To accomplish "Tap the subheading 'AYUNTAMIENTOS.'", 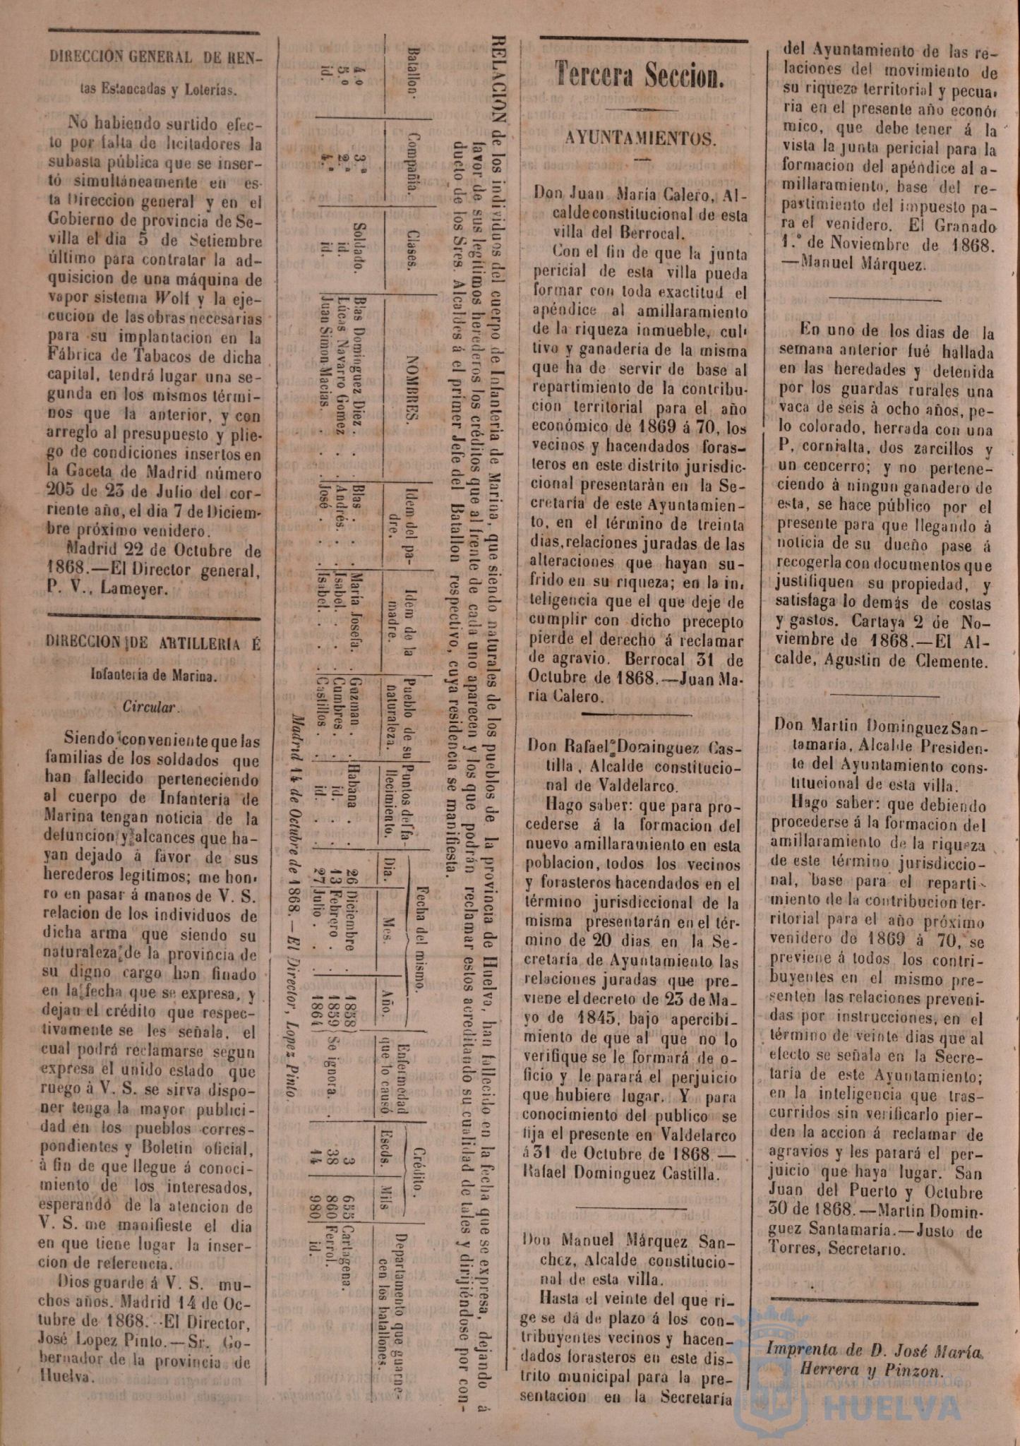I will click(x=640, y=138).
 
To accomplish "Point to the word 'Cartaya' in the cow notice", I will click(x=880, y=623).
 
